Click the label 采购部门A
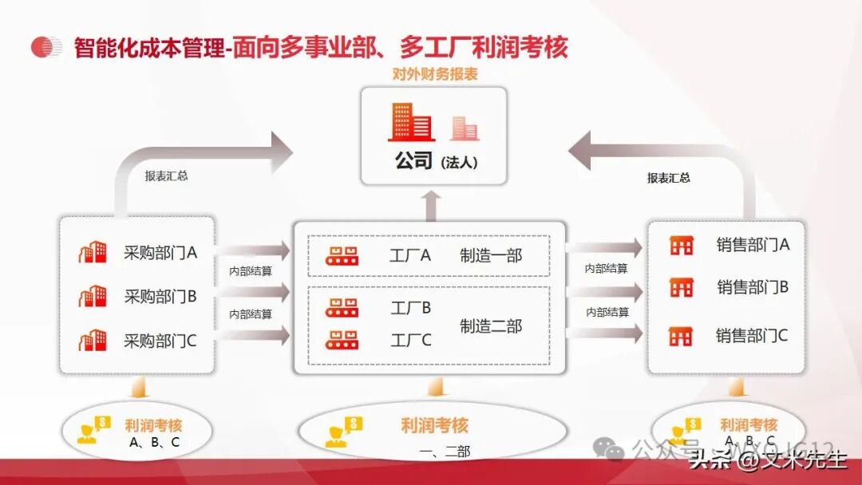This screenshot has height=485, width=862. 160,253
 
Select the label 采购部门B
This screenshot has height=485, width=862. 160,297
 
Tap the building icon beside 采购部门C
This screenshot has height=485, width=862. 93,341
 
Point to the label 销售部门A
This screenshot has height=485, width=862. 752,245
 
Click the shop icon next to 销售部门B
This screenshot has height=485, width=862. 681,287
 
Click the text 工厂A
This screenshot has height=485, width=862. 410,255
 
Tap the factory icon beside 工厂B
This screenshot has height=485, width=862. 342,307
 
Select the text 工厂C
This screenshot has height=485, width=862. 411,340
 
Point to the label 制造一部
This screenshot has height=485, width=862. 491,255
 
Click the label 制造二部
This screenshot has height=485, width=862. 491,325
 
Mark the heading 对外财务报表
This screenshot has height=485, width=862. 435,75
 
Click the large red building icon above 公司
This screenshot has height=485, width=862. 410,122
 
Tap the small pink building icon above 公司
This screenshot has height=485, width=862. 465,128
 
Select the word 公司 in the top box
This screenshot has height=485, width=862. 413,160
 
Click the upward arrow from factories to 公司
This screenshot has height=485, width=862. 431,206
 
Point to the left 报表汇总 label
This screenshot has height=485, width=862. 166,176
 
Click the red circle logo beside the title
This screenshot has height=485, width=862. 46,47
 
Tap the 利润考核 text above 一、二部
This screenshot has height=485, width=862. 435,425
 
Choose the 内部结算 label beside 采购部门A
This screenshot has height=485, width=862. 250,271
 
